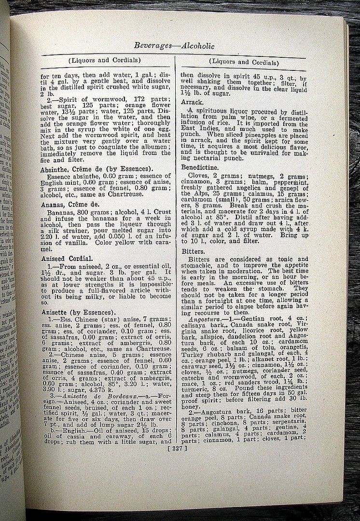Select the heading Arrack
pos(193,102)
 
